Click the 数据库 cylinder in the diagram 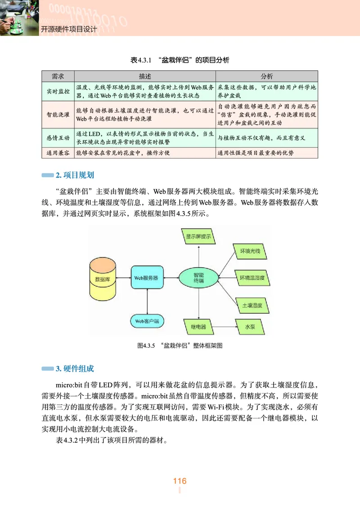(x=102, y=279)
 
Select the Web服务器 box (x=146, y=278)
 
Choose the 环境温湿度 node (x=252, y=278)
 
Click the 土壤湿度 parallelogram (x=251, y=305)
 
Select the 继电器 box (x=198, y=326)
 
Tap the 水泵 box (x=250, y=326)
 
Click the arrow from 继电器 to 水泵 (x=224, y=326)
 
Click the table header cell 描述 (x=145, y=76)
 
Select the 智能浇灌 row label (x=58, y=114)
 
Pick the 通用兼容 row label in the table (x=58, y=153)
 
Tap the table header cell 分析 (x=267, y=76)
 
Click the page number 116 (x=180, y=481)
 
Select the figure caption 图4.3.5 (x=180, y=346)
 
